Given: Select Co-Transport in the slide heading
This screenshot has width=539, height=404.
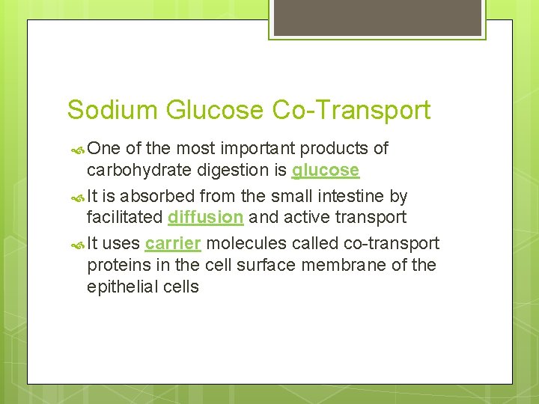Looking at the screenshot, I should tap(350, 110).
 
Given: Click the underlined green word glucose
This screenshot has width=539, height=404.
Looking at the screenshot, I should tap(326, 171).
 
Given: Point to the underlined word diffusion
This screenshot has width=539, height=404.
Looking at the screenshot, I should tap(206, 218).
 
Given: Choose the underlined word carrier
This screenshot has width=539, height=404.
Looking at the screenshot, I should tap(173, 244).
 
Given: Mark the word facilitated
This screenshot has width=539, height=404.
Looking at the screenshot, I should tap(124, 218).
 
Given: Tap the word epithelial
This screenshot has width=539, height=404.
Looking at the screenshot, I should tap(121, 287).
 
